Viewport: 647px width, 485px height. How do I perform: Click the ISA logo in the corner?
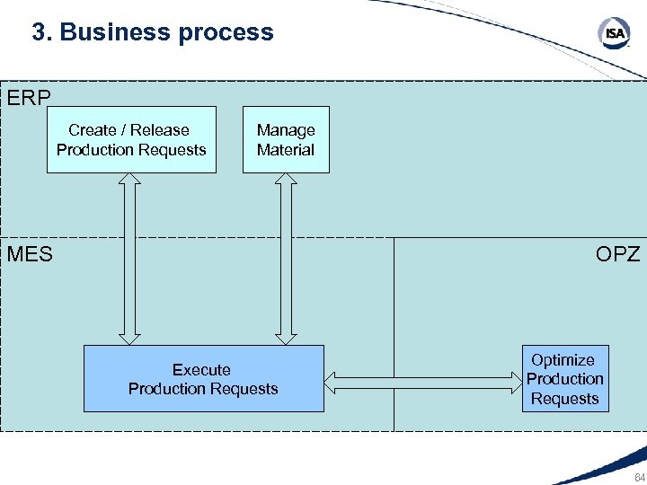(615, 34)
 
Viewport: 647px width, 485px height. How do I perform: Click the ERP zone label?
(29, 97)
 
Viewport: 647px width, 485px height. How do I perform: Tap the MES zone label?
(30, 254)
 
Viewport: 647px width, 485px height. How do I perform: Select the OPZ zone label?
(617, 254)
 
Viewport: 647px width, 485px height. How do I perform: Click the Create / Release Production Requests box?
(131, 140)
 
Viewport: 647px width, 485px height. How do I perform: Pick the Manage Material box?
(286, 140)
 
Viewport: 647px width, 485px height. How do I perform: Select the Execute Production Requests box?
(203, 379)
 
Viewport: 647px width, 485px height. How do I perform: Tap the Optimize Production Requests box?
(565, 379)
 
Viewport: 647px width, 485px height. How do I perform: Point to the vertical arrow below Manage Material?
(286, 259)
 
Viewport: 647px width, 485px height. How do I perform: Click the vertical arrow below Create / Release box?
(131, 259)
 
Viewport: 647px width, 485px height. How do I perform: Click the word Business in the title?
(115, 32)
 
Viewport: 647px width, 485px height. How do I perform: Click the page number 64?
(639, 477)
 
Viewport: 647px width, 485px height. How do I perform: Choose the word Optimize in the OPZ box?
(563, 360)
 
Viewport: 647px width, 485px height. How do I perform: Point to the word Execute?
(201, 369)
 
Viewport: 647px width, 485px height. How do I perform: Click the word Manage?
(286, 130)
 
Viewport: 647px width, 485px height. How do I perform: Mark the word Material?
(286, 150)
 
